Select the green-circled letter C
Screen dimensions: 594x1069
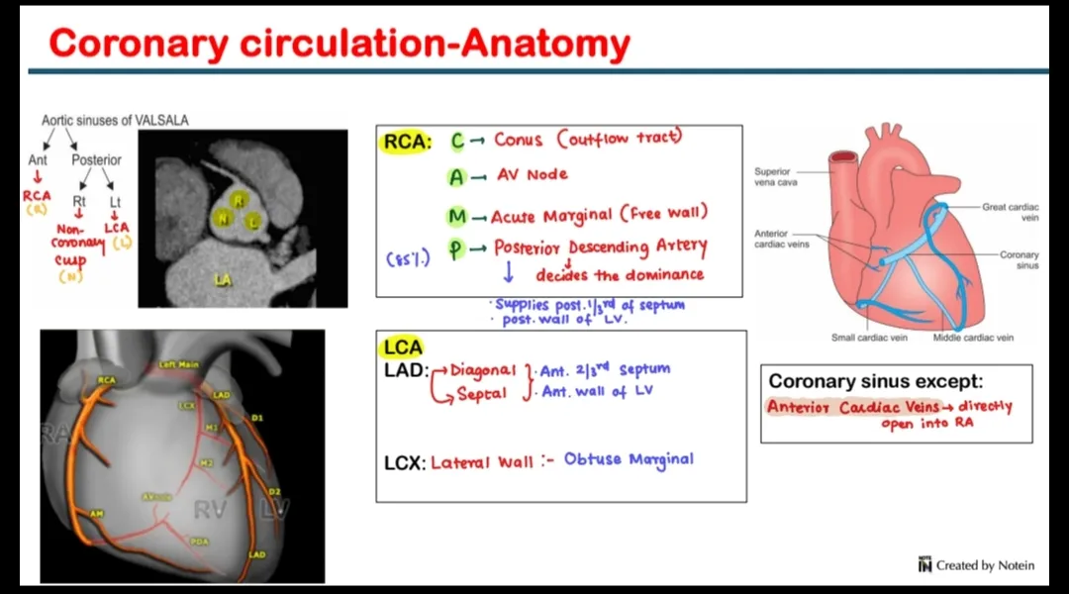(x=457, y=142)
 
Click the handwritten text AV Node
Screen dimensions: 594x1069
(x=532, y=175)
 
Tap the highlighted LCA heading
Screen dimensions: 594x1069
(x=403, y=347)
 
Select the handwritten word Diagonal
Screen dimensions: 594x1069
(x=483, y=370)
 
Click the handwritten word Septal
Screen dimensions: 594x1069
(x=482, y=394)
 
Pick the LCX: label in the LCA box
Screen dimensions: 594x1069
(x=405, y=462)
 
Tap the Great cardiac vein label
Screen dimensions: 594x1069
(x=1010, y=212)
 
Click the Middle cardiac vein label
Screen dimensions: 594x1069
(x=973, y=338)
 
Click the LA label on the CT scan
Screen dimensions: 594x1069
(x=223, y=280)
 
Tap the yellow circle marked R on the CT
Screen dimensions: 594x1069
(x=238, y=201)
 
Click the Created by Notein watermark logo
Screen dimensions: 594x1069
(x=925, y=565)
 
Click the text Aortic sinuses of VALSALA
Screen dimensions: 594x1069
(x=115, y=121)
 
